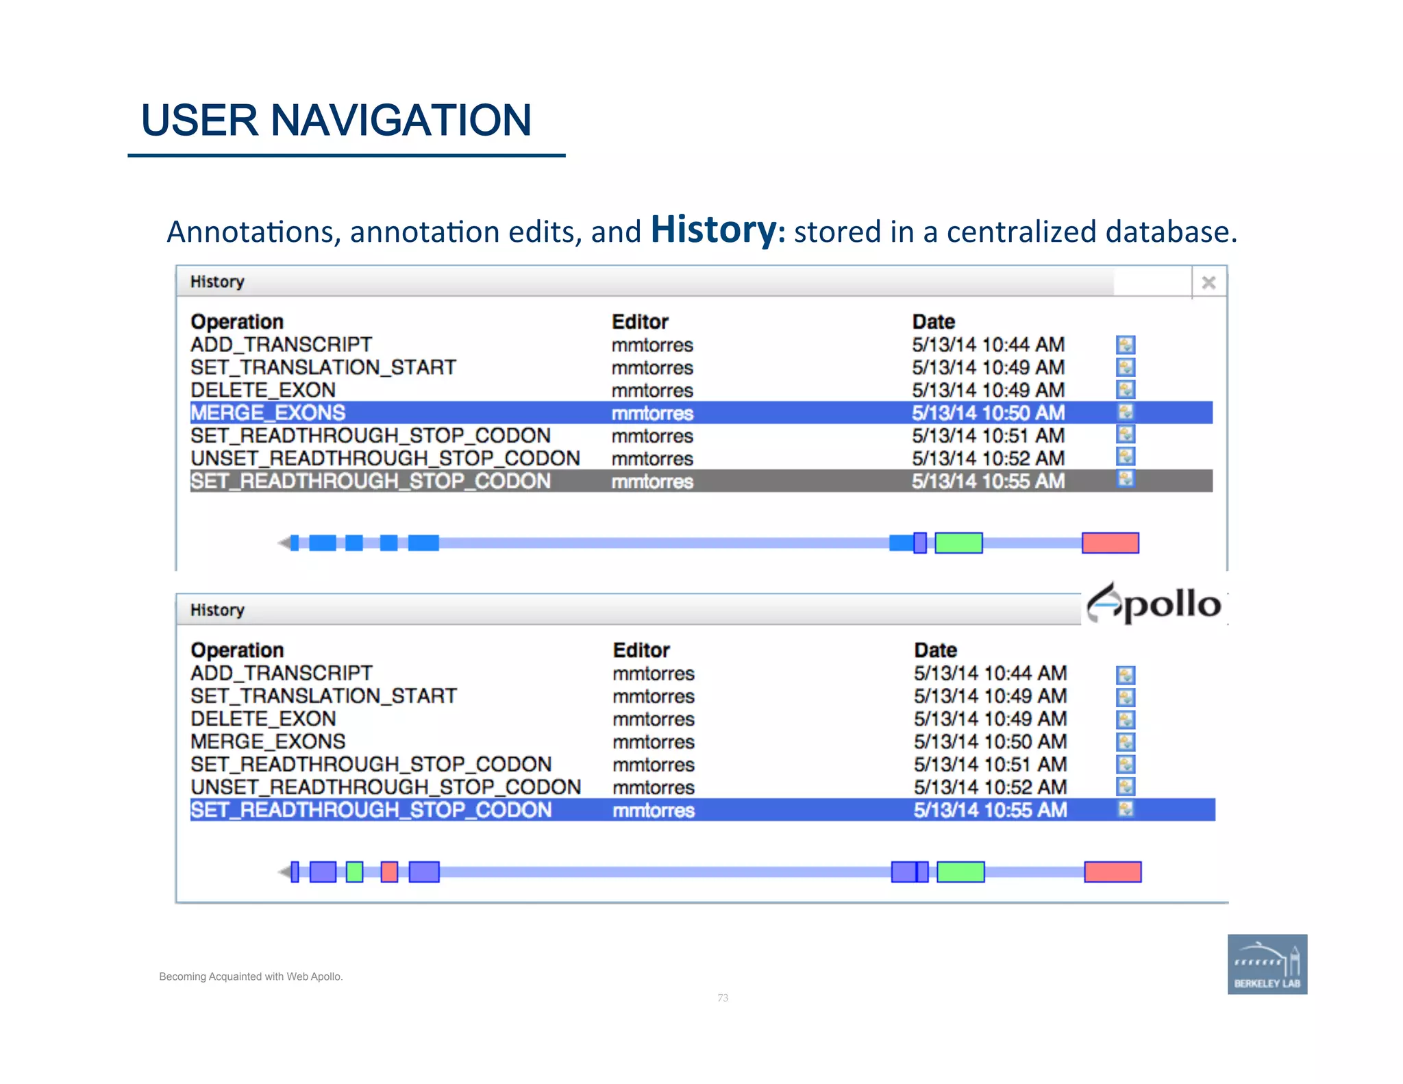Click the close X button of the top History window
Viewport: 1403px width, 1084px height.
[x=1208, y=282]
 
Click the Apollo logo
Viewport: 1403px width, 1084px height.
[x=1155, y=604]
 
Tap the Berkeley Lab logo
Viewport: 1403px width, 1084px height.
[x=1267, y=963]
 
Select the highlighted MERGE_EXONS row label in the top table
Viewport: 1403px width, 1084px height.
[x=268, y=412]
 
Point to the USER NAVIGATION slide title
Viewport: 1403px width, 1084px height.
[x=336, y=121]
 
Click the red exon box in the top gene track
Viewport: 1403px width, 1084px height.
[x=1110, y=543]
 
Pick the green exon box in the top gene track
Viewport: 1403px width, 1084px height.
[x=958, y=543]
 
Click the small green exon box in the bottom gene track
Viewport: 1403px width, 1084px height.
[x=354, y=872]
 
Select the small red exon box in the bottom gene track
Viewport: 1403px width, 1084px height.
[x=389, y=872]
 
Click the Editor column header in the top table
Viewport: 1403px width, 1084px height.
[x=640, y=321]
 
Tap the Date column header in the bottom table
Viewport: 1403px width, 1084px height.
[x=935, y=650]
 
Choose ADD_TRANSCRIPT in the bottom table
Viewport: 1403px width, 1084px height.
[x=282, y=673]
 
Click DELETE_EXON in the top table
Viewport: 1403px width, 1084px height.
[x=263, y=390]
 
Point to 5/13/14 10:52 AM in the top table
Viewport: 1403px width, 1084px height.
[x=988, y=458]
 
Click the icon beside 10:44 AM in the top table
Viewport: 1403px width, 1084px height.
[x=1126, y=345]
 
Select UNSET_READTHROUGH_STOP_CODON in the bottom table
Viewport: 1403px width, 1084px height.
[x=386, y=787]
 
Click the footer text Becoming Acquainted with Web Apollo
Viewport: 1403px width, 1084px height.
[x=251, y=976]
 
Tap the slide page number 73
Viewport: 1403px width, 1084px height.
[x=723, y=998]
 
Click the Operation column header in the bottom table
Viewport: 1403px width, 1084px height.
[x=237, y=650]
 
